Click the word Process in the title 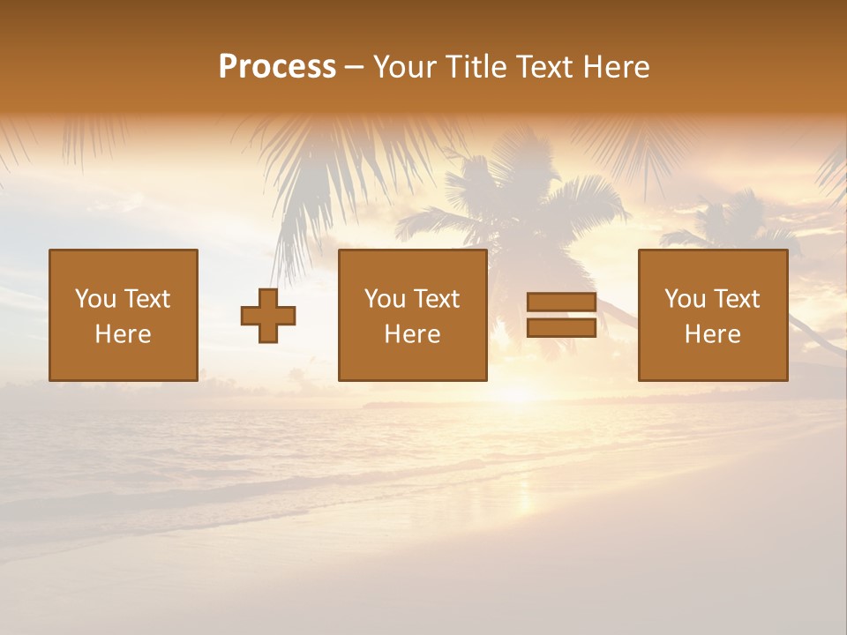click(277, 67)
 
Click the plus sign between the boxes click(268, 316)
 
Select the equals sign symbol click(561, 315)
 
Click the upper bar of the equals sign click(561, 303)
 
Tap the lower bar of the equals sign click(561, 327)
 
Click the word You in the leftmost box click(95, 299)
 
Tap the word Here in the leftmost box click(124, 334)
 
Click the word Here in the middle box click(413, 334)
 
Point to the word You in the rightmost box click(685, 299)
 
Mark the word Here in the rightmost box click(713, 334)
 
